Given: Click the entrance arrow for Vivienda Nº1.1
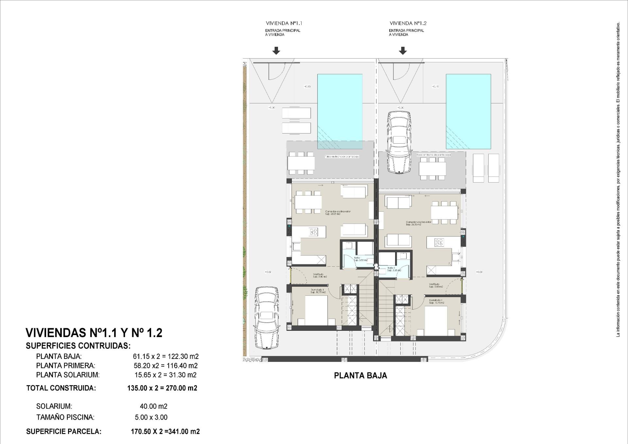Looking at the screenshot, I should pos(276,50).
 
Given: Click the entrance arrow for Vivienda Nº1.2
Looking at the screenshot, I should pos(403,50).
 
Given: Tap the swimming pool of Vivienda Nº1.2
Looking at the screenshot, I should pos(468,111).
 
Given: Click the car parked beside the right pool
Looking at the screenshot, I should pos(399,142).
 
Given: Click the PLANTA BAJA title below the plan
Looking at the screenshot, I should pos(360,376).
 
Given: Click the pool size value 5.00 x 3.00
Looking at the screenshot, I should pos(151,417).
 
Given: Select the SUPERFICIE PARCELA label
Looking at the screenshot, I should pos(64,432).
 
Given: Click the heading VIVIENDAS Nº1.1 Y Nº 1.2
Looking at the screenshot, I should pos(94,333).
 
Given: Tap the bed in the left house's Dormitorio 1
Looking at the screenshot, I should pos(316,310).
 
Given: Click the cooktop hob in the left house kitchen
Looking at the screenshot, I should pos(313,232).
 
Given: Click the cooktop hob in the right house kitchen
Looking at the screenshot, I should pos(439,242).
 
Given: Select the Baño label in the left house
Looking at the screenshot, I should pos(357,258).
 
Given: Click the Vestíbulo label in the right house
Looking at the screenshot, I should pos(434,284).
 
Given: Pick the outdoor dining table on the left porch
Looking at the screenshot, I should pos(301,163).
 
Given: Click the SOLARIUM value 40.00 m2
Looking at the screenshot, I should pos(153,406).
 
